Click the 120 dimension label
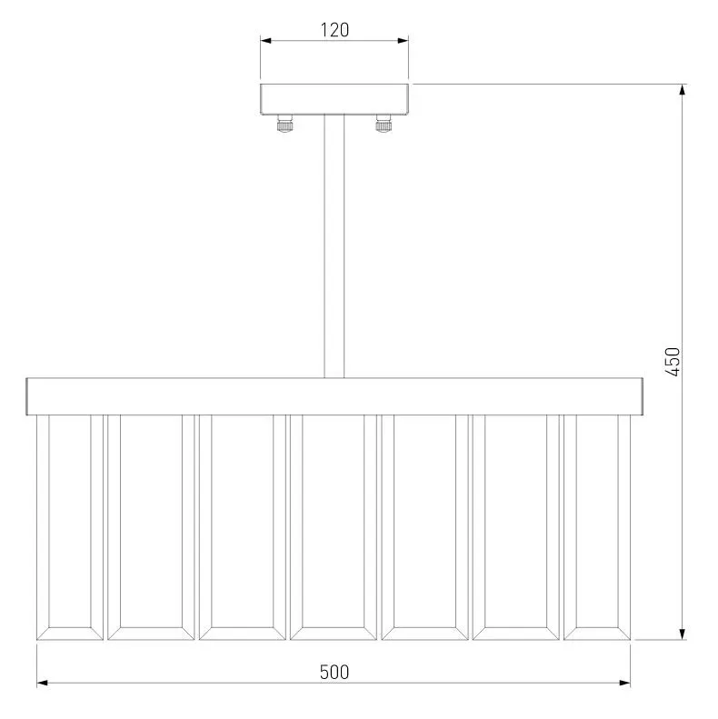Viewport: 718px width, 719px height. click(x=334, y=30)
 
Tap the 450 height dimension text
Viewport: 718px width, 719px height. click(x=673, y=362)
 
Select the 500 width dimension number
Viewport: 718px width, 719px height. click(x=334, y=673)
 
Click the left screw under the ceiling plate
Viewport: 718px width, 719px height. click(x=284, y=124)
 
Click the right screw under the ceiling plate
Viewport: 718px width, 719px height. click(x=384, y=124)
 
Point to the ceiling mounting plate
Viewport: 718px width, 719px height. click(x=334, y=99)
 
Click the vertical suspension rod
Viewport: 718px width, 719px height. click(x=334, y=246)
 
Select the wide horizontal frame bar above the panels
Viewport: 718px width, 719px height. click(x=334, y=396)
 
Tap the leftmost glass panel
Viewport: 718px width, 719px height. click(x=70, y=527)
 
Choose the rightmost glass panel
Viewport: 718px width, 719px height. click(x=597, y=527)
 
